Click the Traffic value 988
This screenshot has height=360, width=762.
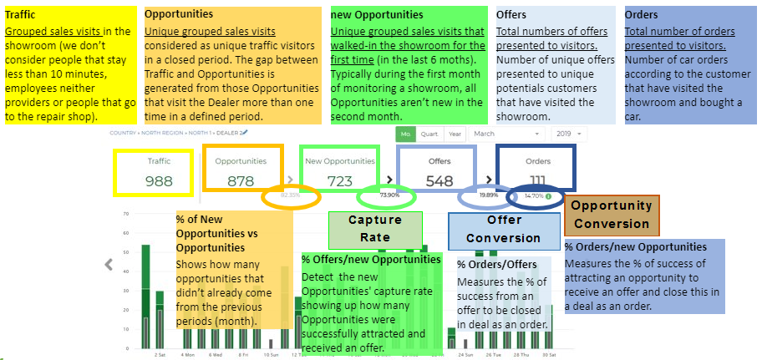click(x=159, y=180)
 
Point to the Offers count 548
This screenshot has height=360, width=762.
click(x=439, y=180)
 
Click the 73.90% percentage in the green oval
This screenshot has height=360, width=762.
click(x=389, y=195)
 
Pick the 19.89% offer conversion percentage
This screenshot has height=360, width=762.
click(x=488, y=195)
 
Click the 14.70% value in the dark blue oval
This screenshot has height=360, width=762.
click(x=538, y=195)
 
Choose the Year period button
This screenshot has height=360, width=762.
click(x=455, y=134)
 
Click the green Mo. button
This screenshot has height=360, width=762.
click(x=407, y=134)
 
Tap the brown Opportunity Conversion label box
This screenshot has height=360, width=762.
click(x=612, y=214)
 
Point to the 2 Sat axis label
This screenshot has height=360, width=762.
click(x=160, y=354)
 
